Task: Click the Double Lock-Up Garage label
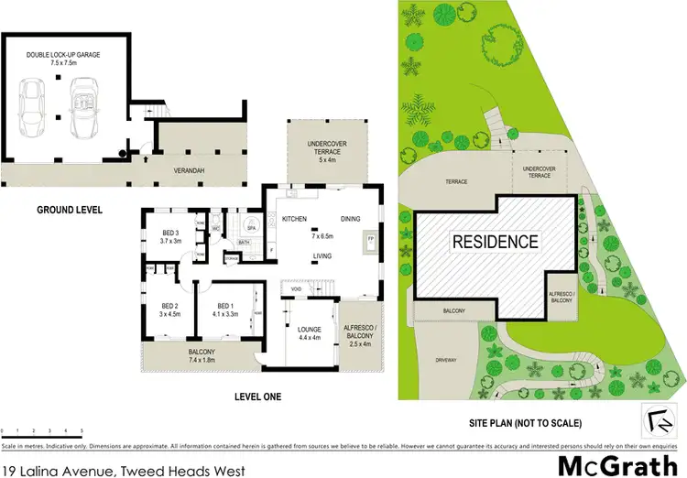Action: (63, 59)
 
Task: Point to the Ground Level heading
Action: (70, 210)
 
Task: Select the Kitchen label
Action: (294, 219)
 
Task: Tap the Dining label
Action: (353, 219)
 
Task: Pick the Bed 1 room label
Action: (224, 309)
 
